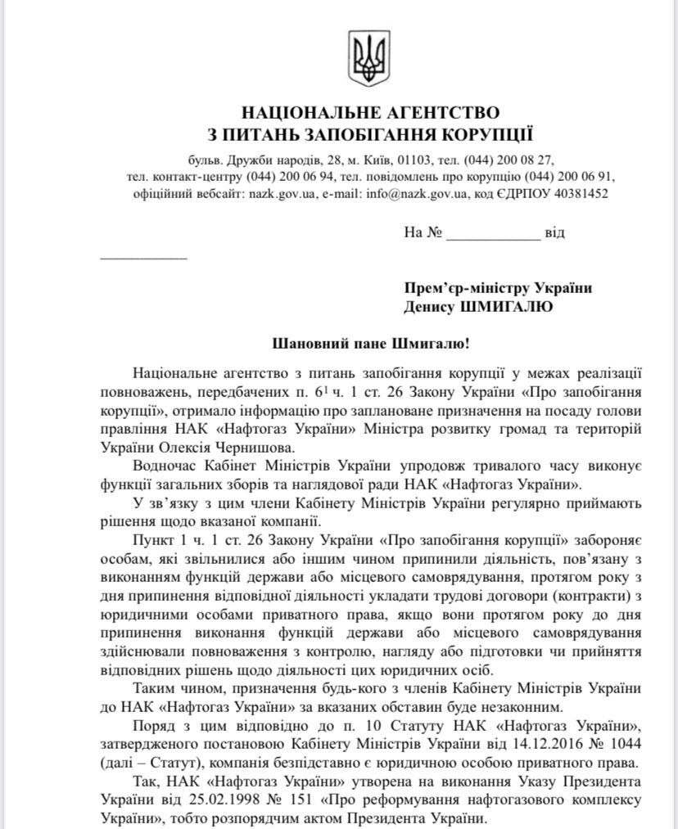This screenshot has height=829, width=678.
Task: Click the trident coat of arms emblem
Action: coord(362,58)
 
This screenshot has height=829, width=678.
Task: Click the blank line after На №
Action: coord(493,233)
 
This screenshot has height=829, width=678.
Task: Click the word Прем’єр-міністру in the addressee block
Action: coord(466,288)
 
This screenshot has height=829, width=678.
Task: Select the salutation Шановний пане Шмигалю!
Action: coord(370,345)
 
